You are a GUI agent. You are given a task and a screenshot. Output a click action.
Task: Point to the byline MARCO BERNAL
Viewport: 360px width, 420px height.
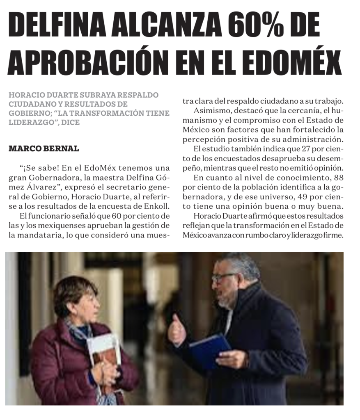tap(44, 148)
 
